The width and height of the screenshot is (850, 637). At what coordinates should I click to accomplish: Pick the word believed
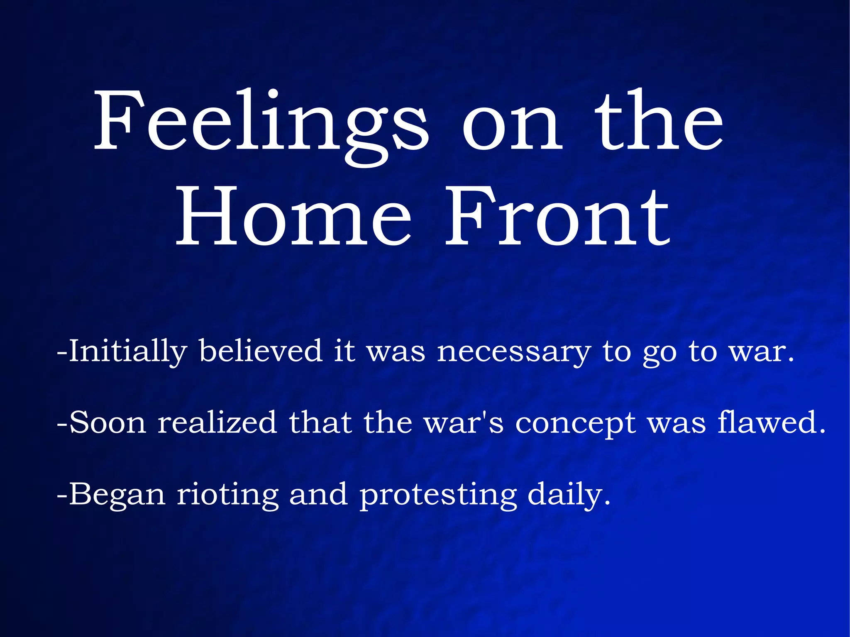pyautogui.click(x=260, y=351)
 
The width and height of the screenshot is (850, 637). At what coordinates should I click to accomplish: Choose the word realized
pyautogui.click(x=217, y=422)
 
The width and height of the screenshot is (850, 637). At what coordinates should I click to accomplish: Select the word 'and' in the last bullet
pyautogui.click(x=318, y=495)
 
